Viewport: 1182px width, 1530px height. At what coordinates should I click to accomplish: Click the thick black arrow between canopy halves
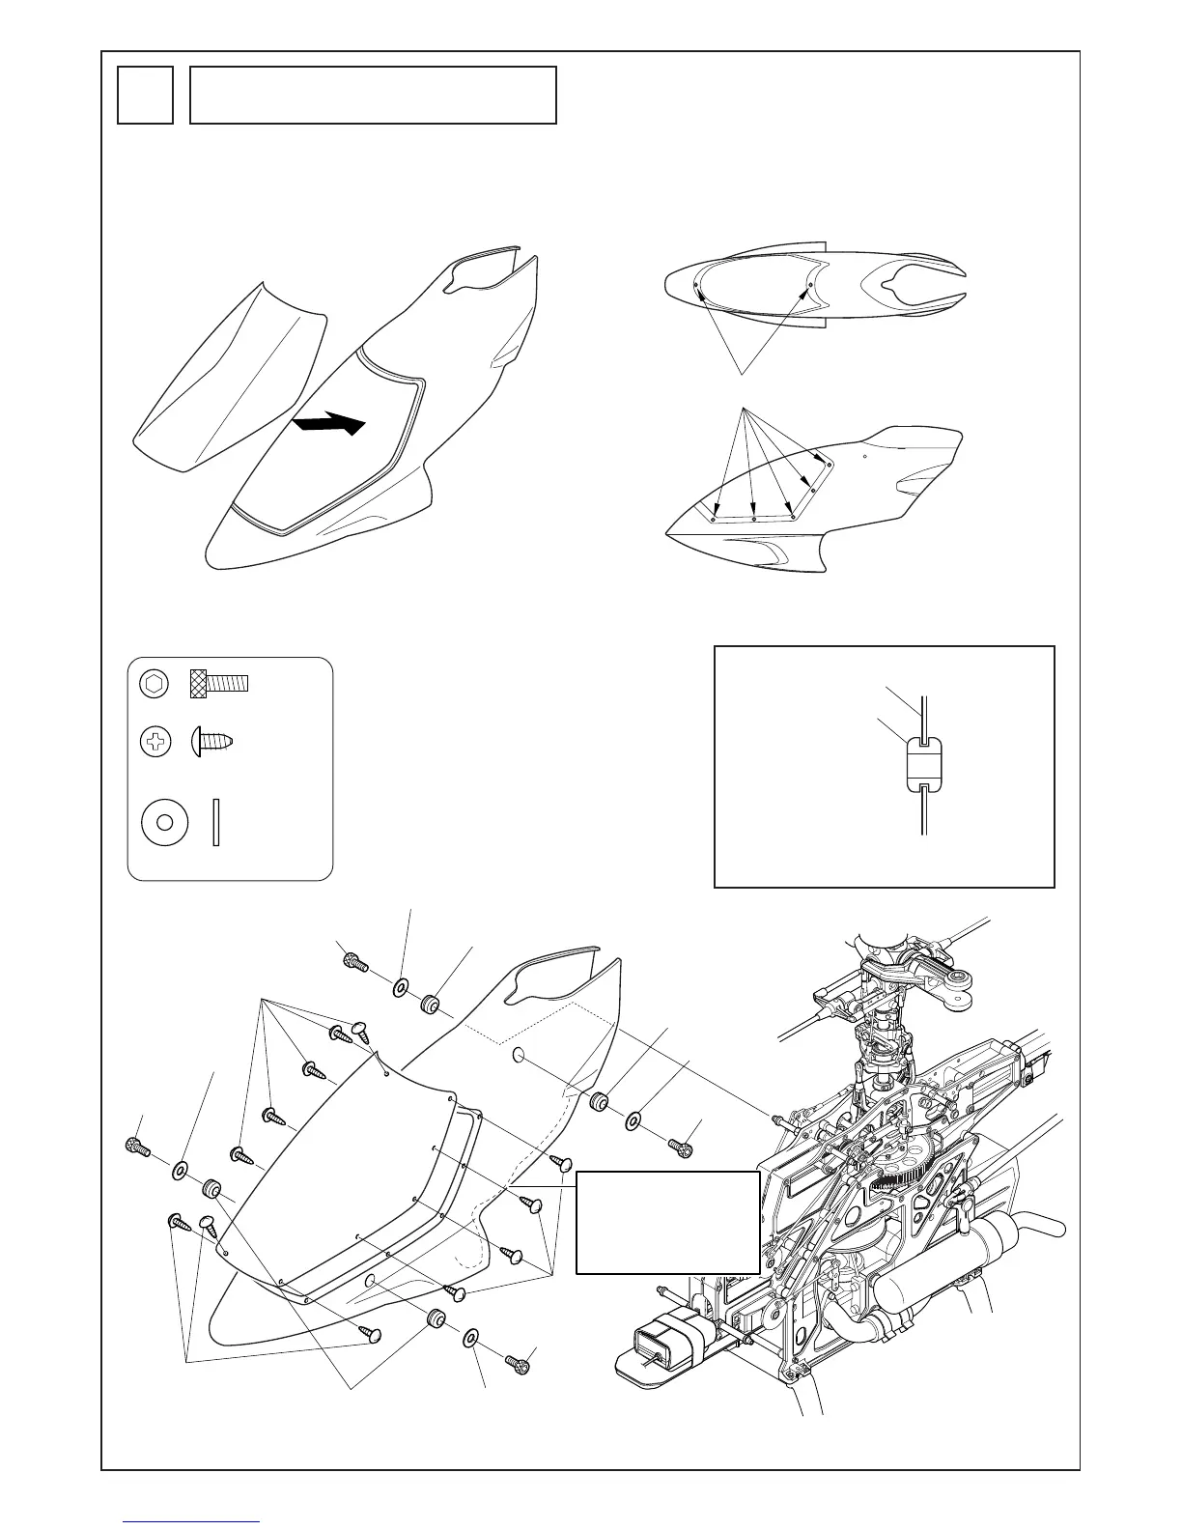tap(328, 423)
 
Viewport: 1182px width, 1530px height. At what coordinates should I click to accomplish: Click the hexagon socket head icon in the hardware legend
tap(155, 683)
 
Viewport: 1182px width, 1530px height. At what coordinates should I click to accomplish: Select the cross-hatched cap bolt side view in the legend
tap(219, 683)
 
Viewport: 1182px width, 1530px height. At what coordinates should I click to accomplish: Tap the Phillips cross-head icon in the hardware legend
tap(155, 743)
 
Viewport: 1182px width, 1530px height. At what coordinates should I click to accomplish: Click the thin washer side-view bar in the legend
tap(216, 822)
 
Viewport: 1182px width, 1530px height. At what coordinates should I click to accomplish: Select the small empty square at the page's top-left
tap(145, 95)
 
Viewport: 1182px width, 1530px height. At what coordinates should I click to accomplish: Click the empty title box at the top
tap(373, 95)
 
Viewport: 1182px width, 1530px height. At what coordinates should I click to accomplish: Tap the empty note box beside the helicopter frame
tap(666, 1223)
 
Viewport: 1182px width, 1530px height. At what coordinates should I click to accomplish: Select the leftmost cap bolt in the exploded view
tap(137, 1147)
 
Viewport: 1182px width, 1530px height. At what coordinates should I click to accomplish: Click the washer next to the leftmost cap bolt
tap(180, 1171)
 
